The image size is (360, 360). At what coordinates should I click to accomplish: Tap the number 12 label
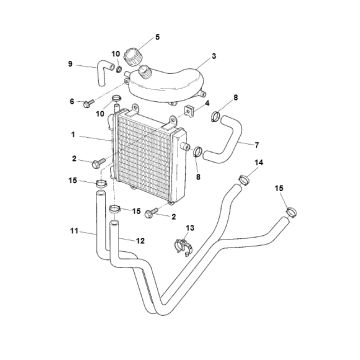point(140,240)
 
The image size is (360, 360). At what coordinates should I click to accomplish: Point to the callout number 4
point(207,102)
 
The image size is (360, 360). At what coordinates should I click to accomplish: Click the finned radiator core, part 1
point(150,150)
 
